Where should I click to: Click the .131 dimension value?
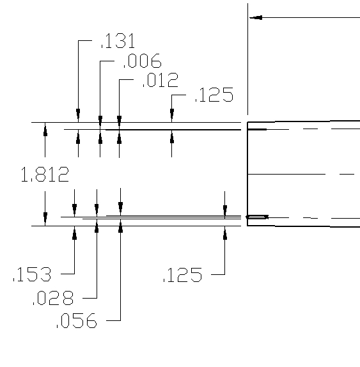coord(118,41)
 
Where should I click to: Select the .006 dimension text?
coord(143,61)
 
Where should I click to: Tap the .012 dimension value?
coord(160,80)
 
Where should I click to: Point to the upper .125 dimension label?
coord(214,95)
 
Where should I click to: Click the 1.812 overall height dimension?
coord(45,174)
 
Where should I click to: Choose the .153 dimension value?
coord(32,274)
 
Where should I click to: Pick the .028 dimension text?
coord(53,298)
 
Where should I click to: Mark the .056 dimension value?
coord(77,320)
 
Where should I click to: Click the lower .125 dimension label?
coord(182,274)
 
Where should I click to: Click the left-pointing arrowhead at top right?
coord(256,17)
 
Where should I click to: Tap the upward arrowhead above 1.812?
coord(45,130)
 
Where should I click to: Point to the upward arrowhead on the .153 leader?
coord(74,233)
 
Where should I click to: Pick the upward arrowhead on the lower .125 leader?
coord(225,233)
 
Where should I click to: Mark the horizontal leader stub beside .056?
coord(113,320)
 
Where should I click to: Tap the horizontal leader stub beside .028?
coord(90,298)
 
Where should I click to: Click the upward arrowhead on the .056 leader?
coord(121,228)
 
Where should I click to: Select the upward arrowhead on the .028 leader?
coord(97,228)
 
